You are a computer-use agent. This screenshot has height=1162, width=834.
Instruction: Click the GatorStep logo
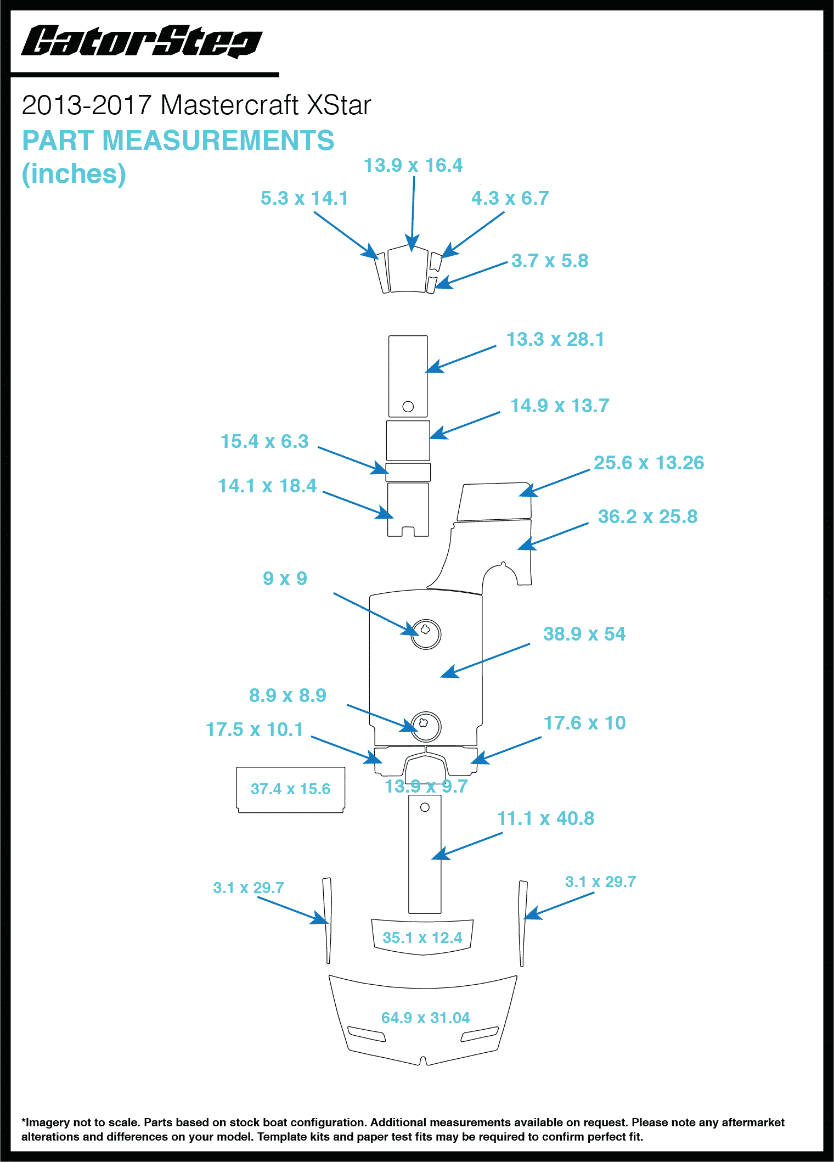pos(142,42)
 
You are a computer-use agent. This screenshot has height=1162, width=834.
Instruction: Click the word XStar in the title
pos(339,105)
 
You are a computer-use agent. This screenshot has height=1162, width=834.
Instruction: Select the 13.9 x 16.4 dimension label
pos(413,165)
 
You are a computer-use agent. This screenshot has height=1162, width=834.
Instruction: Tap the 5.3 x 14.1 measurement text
pos(305,198)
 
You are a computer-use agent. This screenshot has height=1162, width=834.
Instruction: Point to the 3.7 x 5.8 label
pos(550,261)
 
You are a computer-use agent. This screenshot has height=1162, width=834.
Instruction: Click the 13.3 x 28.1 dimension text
pos(555,340)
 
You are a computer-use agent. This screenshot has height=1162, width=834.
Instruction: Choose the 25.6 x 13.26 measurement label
pos(649,463)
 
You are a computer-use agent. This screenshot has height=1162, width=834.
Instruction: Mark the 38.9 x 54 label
pos(584,635)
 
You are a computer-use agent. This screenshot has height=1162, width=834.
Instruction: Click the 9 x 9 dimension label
pos(285,579)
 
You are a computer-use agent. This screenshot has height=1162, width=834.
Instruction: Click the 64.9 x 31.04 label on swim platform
pos(425,1018)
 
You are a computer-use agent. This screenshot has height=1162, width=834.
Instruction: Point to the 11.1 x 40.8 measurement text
pos(545,819)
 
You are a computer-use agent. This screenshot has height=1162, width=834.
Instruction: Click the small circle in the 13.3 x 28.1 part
pos(408,407)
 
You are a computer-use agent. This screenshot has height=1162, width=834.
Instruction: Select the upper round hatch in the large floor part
pos(426,635)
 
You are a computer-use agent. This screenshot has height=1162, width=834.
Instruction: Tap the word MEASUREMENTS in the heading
pos(218,141)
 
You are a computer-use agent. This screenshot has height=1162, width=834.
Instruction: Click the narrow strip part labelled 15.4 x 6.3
pos(408,472)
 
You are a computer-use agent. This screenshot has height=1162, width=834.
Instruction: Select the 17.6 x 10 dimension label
pos(584,723)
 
